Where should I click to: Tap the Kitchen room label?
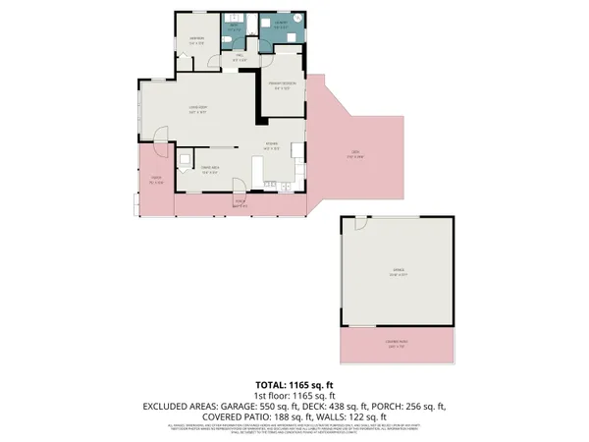tap(272, 147)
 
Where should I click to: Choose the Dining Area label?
tap(209, 170)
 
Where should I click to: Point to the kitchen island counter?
tap(257, 172)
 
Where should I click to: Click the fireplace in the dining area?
tap(185, 158)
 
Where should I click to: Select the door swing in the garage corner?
tap(360, 225)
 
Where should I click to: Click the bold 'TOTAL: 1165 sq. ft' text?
tap(294, 384)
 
